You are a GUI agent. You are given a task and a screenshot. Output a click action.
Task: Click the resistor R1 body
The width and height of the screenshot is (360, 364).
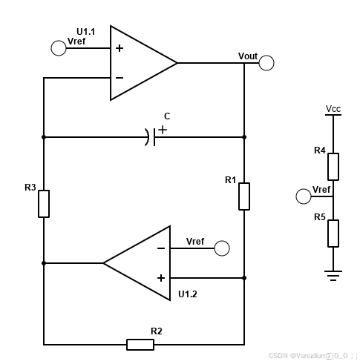[244, 196]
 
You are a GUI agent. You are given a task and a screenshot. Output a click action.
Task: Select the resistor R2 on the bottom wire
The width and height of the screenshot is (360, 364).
[140, 344]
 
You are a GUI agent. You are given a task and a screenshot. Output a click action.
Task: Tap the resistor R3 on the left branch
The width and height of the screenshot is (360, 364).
[44, 203]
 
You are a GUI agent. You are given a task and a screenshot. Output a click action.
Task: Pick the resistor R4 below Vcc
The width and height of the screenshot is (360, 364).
[333, 167]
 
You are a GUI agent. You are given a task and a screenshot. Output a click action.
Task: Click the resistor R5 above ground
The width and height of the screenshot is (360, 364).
[333, 233]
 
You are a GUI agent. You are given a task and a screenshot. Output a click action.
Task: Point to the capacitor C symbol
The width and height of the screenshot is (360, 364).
[151, 136]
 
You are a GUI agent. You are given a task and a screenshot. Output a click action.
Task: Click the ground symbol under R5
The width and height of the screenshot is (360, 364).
[333, 275]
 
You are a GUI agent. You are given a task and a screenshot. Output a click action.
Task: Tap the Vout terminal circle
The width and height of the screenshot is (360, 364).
[266, 63]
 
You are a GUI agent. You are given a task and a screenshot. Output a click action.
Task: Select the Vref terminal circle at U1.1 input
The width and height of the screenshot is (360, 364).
[59, 48]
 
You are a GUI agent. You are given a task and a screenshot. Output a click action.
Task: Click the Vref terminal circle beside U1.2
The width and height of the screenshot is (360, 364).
[222, 248]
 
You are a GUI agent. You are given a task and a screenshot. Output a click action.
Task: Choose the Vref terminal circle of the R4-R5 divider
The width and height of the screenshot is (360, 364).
[304, 196]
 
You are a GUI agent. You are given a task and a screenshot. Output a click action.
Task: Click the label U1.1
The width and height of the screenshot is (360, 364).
[86, 32]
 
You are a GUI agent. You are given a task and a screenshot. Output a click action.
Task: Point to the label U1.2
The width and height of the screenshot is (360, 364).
[188, 294]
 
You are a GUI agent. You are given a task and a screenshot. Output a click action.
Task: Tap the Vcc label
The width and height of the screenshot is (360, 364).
[333, 109]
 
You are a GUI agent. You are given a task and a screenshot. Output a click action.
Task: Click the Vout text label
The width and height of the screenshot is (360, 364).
[248, 56]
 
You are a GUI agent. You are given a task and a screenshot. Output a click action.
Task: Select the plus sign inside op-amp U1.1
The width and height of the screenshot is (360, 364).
[120, 48]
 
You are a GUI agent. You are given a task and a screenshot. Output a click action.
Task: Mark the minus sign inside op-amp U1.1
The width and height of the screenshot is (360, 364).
[120, 77]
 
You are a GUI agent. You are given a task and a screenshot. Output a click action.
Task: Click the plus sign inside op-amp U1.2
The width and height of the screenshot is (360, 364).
[161, 277]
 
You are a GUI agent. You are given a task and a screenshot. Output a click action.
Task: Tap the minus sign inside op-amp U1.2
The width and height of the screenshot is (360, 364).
[161, 248]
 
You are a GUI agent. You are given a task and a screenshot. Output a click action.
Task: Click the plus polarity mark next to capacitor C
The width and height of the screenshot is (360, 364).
[163, 128]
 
